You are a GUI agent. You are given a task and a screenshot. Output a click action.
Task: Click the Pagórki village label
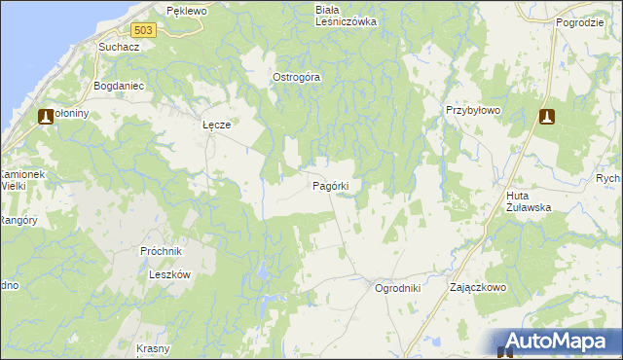[338, 184]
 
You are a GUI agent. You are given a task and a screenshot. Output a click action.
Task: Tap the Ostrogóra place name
[296, 78]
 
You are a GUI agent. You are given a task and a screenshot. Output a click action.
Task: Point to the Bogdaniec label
[119, 86]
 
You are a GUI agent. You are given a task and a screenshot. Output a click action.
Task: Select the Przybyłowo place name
[472, 111]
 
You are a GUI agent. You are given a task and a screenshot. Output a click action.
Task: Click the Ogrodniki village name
[397, 288]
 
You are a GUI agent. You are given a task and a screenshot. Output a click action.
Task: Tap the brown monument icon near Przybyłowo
[547, 117]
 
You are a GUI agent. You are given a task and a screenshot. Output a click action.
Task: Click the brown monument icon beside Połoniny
[46, 117]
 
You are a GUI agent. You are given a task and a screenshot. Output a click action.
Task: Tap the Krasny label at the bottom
[154, 348]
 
